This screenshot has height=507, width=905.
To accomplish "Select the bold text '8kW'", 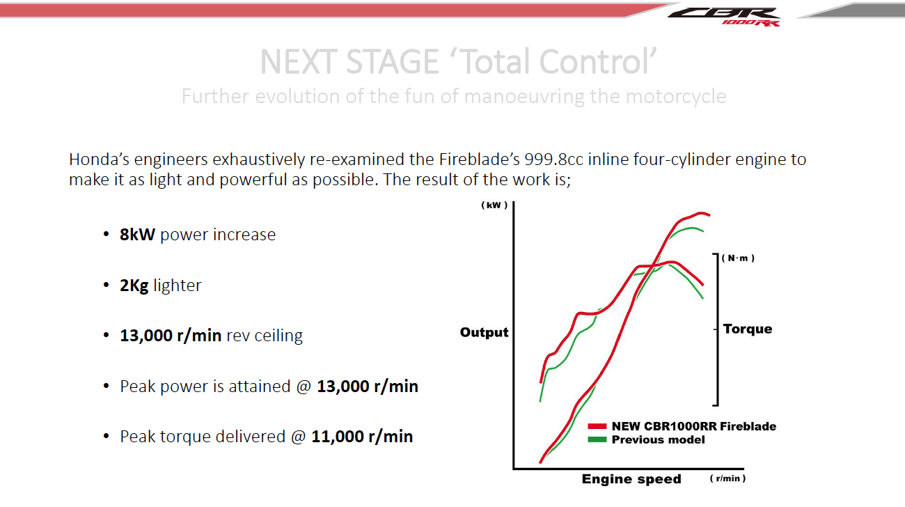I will point(137,235).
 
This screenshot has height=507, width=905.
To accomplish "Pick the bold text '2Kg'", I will point(134,286).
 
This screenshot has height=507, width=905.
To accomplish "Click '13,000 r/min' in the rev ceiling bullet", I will point(171,336).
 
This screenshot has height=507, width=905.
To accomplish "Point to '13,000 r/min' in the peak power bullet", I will point(368,386).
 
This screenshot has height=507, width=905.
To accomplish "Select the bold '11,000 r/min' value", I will point(362,437).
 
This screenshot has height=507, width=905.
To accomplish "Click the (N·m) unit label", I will point(738,258).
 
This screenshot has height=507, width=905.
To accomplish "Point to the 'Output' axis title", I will point(484,332).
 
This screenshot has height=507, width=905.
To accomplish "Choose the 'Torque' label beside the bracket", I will point(747,329).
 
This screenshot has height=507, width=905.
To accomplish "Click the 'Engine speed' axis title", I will point(631,479).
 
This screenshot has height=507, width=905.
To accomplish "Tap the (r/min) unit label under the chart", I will point(727,479).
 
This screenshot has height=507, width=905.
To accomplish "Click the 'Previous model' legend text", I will point(658,439).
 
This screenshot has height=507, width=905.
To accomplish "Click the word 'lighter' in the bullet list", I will point(177,286).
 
